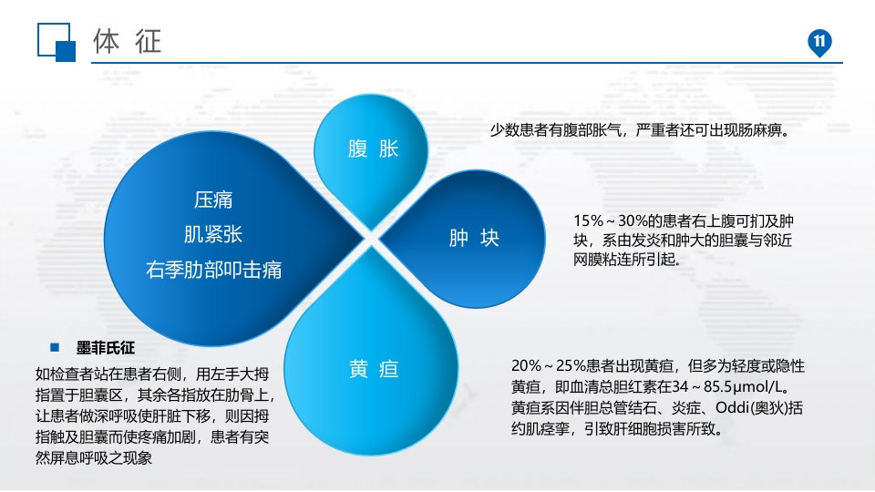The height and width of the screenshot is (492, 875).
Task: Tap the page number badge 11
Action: [x=818, y=42]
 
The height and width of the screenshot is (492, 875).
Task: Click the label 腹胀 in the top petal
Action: [x=374, y=149]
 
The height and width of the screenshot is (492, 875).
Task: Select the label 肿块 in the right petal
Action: [x=474, y=239]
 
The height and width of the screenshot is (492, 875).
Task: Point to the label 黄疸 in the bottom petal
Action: [x=374, y=369]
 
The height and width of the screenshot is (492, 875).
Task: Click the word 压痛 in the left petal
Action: [x=213, y=200]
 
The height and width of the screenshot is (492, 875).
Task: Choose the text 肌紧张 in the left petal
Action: [x=213, y=234]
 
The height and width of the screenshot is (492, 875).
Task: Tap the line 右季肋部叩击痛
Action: [x=213, y=270]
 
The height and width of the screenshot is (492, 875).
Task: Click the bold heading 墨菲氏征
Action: [x=105, y=348]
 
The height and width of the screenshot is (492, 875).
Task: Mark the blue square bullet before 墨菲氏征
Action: [x=56, y=348]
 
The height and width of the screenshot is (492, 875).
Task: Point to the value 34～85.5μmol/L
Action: [x=729, y=386]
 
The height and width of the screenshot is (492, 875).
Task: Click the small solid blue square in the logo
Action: [x=66, y=51]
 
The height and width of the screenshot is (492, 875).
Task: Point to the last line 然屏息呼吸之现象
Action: [x=93, y=458]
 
